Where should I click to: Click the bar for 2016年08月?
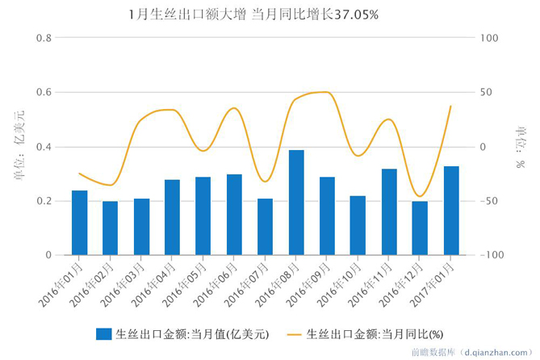[x=296, y=203]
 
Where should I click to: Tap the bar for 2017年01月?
[x=451, y=211]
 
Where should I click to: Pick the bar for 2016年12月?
[x=421, y=228]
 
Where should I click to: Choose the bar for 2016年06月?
[x=234, y=215]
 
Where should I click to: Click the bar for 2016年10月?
[x=358, y=225]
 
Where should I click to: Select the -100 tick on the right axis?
[x=490, y=255]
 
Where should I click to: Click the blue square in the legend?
[x=103, y=333]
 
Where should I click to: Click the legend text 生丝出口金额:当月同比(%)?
[x=375, y=333]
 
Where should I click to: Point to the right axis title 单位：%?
[x=521, y=146]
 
